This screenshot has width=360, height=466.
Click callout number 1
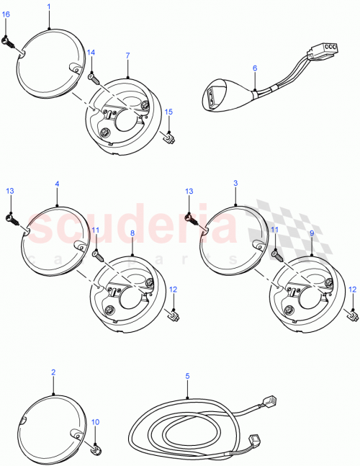[x=49, y=6]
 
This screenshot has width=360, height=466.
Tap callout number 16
[x=6, y=24]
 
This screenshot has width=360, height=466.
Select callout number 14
[x=91, y=53]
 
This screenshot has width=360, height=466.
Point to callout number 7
[x=127, y=55]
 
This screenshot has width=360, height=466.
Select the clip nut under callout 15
[x=171, y=135]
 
